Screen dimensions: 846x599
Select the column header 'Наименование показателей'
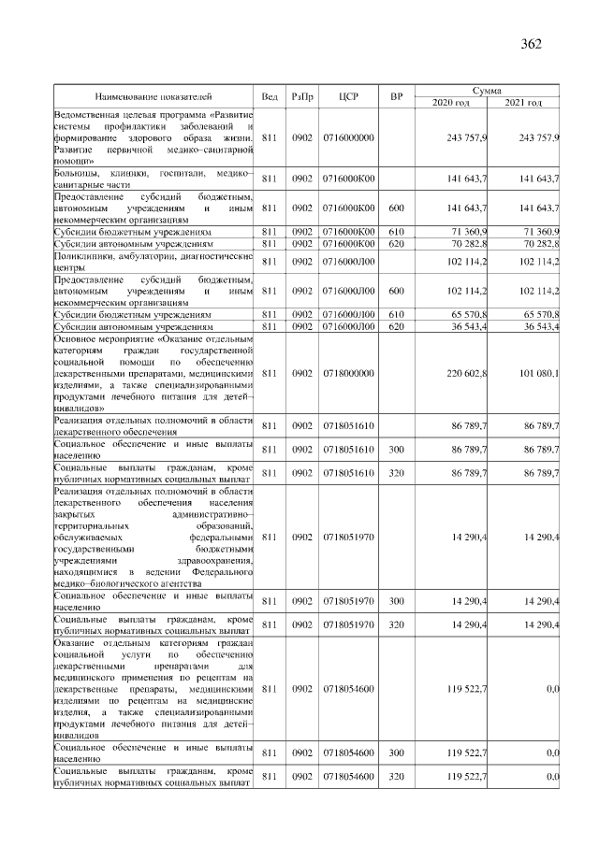coord(153,96)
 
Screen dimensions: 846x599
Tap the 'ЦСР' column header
coord(348,96)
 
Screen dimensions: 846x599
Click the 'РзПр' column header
coord(301,96)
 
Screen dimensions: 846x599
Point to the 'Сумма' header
coord(489,91)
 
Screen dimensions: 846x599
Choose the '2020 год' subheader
coord(454,102)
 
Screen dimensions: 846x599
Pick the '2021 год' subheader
coord(524,102)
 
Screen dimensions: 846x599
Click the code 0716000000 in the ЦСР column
coord(348,137)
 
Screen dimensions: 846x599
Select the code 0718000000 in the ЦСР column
coord(348,373)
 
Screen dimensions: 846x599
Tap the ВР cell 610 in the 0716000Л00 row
coord(395,315)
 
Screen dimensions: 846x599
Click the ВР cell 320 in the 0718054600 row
coord(395,777)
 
